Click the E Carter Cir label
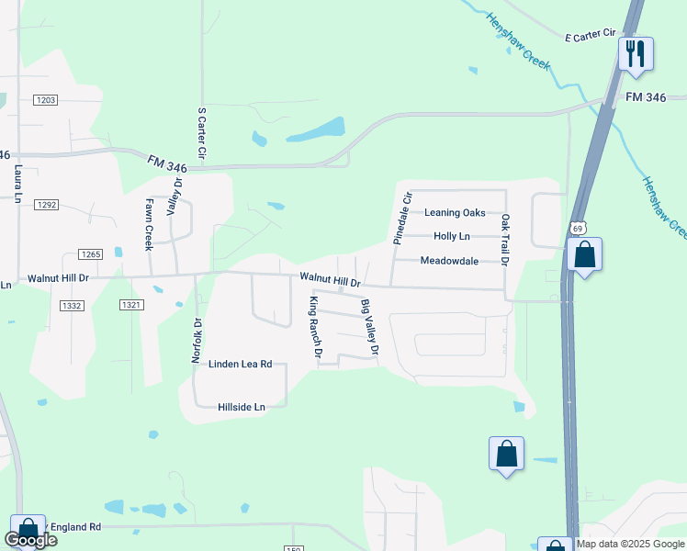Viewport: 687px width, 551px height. coord(591,35)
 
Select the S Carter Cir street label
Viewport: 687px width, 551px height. coord(202,135)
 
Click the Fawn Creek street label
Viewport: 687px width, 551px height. coord(149,225)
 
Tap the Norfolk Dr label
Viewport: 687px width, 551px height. coord(196,341)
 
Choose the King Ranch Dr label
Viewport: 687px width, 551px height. coord(317,327)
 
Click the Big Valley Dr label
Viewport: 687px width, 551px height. coord(369,327)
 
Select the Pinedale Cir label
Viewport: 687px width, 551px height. coord(399,218)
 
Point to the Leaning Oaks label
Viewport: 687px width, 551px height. coord(455,213)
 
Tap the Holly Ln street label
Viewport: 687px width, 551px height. coord(451,237)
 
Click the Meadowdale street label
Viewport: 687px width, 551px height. coord(449,261)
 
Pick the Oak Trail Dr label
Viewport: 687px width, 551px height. coord(504,242)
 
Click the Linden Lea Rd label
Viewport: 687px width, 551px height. coord(241,365)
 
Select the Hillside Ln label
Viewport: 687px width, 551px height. coord(241,407)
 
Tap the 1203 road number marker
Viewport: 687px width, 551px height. coord(46,99)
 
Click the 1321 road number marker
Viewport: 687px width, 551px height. coord(132,304)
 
